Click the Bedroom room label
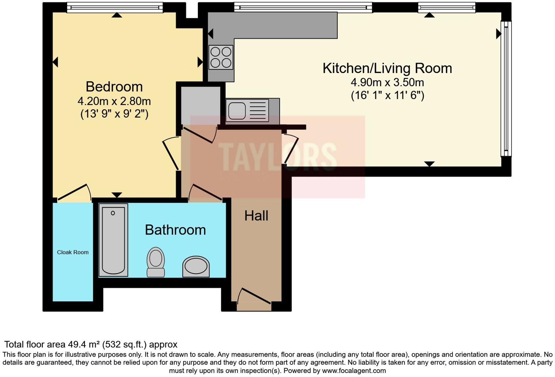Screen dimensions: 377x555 114,87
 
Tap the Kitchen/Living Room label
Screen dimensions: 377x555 387,69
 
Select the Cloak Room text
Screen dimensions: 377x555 73,252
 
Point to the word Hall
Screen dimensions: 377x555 256,216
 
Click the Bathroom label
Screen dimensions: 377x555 175,230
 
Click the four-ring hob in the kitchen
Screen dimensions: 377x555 221,57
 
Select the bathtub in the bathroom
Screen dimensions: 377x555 113,240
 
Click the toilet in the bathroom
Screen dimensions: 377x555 156,262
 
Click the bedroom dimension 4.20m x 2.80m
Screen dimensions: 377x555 114,101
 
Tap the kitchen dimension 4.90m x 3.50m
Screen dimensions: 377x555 387,83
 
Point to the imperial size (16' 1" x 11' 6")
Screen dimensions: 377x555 387,96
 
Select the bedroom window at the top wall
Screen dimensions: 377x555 115,7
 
